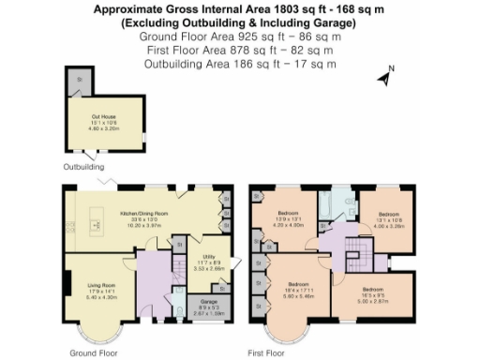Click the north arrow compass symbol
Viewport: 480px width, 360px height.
coord(385,77)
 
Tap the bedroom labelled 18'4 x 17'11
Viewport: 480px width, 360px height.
coord(298,290)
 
